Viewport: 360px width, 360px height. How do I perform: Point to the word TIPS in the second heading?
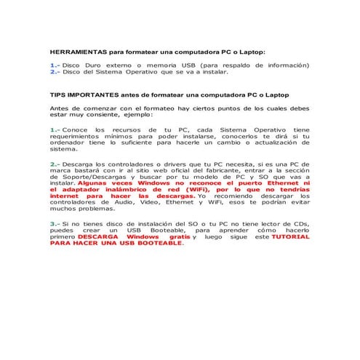[x=57, y=95]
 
